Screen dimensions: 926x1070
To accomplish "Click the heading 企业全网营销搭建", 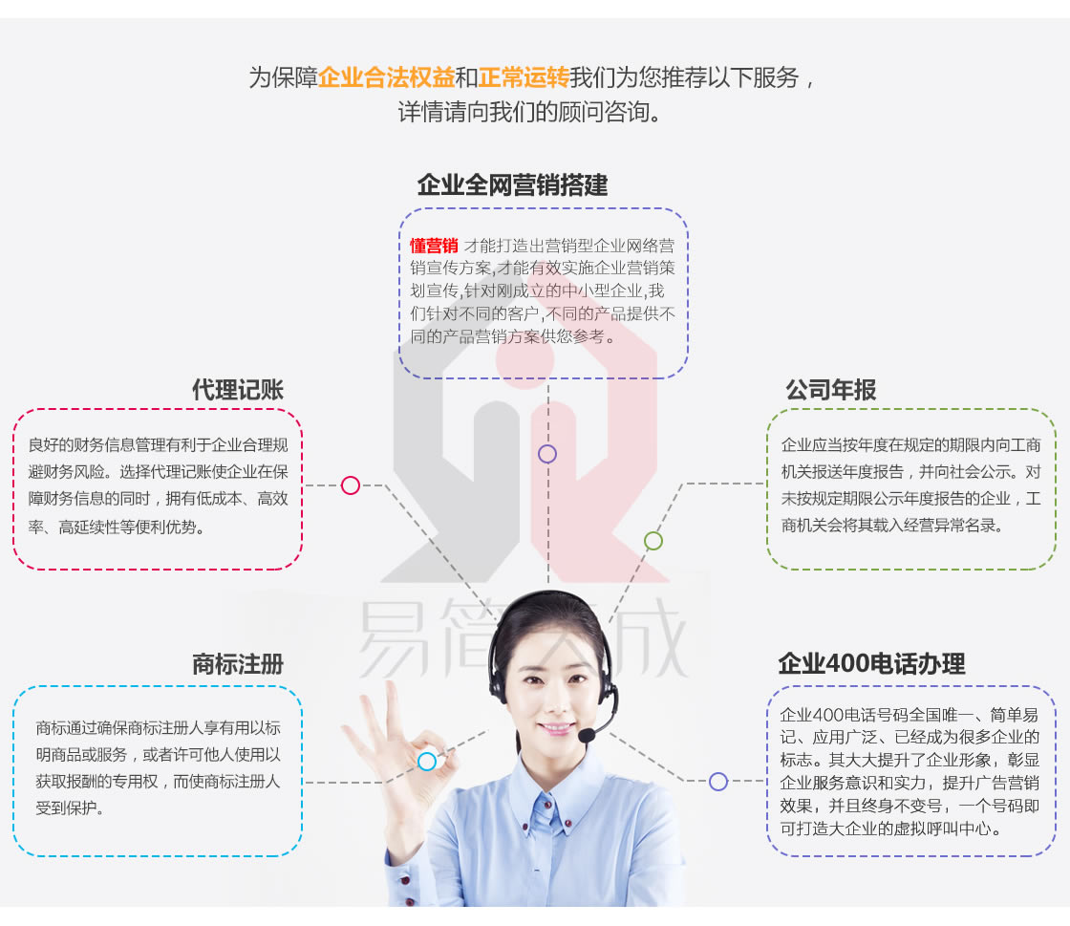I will [x=513, y=185].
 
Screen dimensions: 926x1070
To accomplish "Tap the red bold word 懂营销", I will [x=434, y=246].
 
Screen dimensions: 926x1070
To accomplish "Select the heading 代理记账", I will [x=238, y=390].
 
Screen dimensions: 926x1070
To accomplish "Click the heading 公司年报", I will [x=830, y=390].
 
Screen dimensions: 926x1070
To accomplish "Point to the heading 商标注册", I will [x=238, y=664].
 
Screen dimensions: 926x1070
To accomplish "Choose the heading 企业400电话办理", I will [x=871, y=664].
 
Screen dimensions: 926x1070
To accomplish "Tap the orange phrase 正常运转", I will [x=524, y=77].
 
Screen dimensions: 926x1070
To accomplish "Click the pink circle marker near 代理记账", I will [x=351, y=485].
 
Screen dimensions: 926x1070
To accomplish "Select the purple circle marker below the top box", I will [x=547, y=454].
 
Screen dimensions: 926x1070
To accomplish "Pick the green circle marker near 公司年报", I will [x=653, y=541].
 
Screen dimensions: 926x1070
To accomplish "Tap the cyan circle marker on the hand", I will [x=427, y=762].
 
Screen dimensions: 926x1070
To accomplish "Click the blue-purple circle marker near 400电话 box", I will [x=718, y=782].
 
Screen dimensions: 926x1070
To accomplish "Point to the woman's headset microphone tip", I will [x=586, y=736].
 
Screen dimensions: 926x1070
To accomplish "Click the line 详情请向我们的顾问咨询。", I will [x=530, y=112].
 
